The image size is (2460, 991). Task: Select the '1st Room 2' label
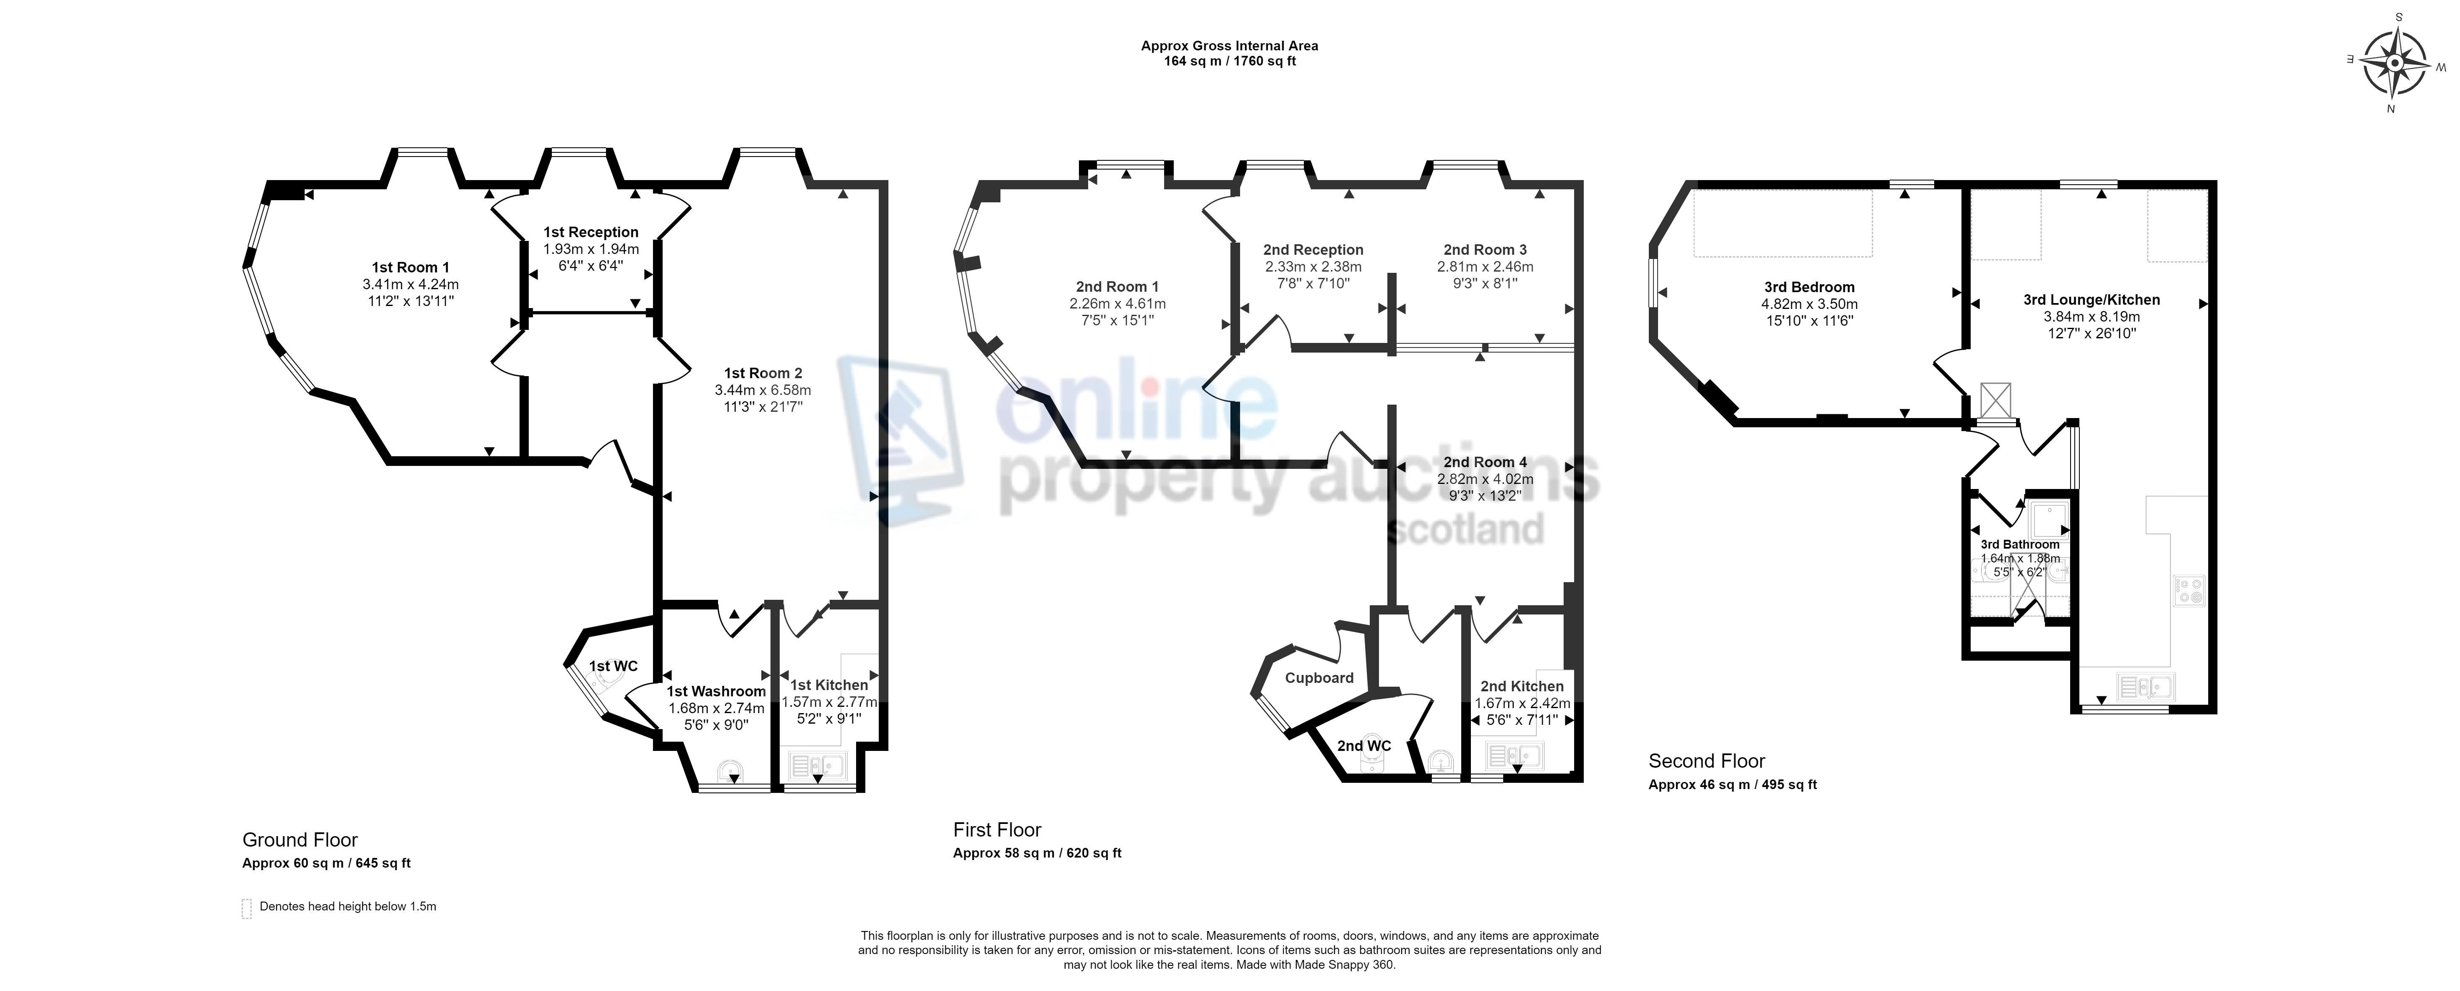coord(763,373)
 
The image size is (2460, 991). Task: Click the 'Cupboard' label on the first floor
coord(1319,678)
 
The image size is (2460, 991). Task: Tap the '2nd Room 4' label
coord(1485,462)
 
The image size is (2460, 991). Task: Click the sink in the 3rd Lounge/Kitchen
coord(2145,685)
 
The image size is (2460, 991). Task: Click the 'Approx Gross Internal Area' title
coord(1230,46)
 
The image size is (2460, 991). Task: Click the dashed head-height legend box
coord(246,908)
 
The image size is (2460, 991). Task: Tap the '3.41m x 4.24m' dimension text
coord(411,285)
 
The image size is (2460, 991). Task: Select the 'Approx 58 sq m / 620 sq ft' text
coord(1037,852)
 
